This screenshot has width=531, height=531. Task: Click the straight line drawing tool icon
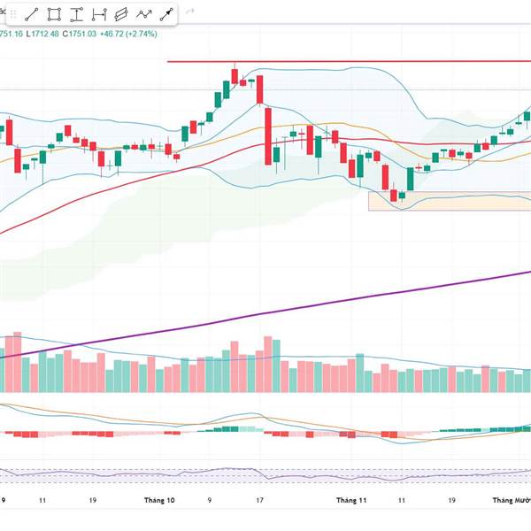(32, 14)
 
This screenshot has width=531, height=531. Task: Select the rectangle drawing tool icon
(55, 14)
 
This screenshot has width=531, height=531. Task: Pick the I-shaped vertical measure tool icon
(77, 14)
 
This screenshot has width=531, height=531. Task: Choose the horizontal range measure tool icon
(99, 14)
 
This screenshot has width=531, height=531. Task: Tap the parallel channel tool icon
(121, 14)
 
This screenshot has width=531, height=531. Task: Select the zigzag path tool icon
(143, 14)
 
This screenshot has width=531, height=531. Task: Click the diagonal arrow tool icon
(165, 14)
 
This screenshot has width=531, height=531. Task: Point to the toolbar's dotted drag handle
(12, 14)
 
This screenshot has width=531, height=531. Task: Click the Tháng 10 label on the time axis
(160, 500)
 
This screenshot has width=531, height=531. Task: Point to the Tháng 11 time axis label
(351, 500)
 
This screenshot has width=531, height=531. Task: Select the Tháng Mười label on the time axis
(512, 500)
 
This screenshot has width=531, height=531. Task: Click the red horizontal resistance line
(354, 62)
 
